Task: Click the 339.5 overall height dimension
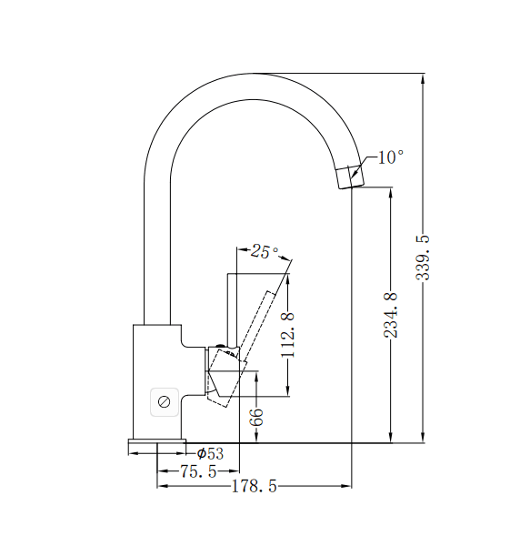(x=424, y=258)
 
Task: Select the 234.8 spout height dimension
(x=391, y=314)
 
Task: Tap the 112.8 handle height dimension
(x=288, y=334)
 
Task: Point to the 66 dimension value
(x=257, y=418)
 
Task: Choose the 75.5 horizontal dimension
(x=198, y=470)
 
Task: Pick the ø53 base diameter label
(x=209, y=453)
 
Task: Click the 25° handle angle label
(x=265, y=252)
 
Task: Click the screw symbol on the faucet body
(x=165, y=400)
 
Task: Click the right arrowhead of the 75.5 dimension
(x=233, y=470)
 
